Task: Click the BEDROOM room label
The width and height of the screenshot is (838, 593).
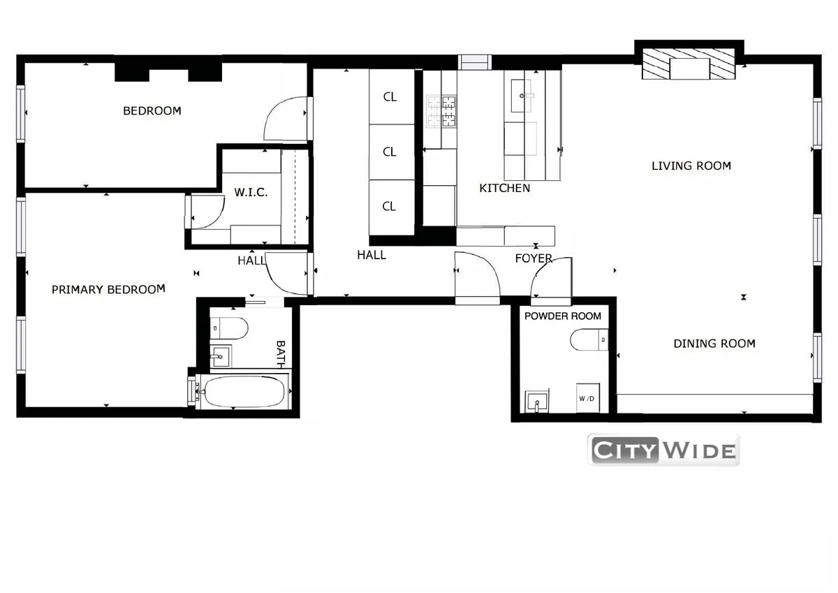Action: point(152,110)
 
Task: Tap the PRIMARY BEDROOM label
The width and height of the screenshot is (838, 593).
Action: point(108,289)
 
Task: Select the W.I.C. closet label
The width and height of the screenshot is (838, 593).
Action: point(251,192)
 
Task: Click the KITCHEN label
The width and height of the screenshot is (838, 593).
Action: point(504,188)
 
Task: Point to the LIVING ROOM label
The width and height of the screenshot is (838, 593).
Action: point(691,166)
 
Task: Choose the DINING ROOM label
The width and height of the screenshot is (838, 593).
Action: point(714,343)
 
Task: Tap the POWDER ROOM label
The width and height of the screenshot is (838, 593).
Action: point(562,316)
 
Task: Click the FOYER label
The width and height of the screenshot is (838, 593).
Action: point(534,258)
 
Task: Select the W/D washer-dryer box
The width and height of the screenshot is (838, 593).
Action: point(586,398)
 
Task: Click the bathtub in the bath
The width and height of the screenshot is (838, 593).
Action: point(242,391)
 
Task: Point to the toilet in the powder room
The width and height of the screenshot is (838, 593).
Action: point(589,340)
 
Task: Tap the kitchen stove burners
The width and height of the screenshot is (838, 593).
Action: point(441,111)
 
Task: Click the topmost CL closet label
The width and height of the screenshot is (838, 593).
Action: point(390,97)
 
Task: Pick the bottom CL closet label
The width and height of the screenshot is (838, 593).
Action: point(390,206)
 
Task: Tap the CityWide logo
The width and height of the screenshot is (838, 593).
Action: point(663,450)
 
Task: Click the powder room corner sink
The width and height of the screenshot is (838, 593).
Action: point(536,402)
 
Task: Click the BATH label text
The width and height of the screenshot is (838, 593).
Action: point(281,353)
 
